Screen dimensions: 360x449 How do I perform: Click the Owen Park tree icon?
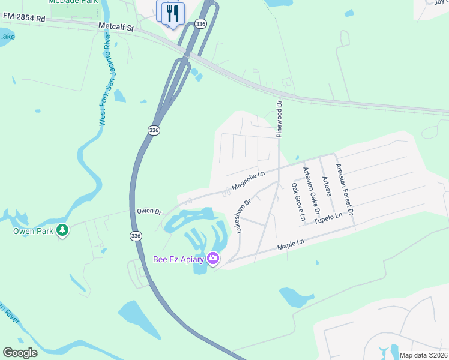click(x=62, y=230)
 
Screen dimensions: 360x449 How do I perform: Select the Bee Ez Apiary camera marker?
click(x=212, y=259)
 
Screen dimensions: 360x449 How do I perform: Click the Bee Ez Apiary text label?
click(x=178, y=259)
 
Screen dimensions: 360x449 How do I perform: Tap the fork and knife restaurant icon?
click(x=173, y=13)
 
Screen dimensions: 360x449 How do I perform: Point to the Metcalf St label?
click(x=116, y=27)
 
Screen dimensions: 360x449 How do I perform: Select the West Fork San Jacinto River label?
click(x=105, y=79)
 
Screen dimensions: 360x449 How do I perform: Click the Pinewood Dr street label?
click(x=279, y=119)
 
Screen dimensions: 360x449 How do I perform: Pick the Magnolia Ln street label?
click(x=248, y=181)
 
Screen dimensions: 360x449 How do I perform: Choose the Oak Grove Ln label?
click(x=298, y=202)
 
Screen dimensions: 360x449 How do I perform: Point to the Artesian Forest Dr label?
click(x=345, y=189)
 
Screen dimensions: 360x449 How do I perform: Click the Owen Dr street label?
click(x=149, y=212)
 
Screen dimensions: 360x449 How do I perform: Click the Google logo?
click(x=20, y=353)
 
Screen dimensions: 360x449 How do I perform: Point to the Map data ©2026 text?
click(x=423, y=355)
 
